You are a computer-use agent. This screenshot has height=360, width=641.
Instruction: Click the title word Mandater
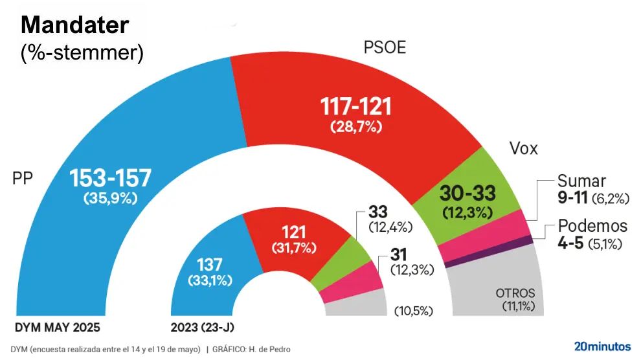click(75, 25)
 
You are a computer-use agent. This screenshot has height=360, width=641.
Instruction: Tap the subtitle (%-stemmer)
click(82, 53)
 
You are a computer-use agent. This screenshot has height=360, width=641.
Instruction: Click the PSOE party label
click(385, 48)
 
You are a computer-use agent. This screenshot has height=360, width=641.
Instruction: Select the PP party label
click(23, 178)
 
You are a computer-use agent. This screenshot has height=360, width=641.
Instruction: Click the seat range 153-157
click(110, 178)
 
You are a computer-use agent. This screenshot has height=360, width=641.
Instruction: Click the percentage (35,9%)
click(110, 199)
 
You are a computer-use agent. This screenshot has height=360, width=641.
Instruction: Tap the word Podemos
click(593, 226)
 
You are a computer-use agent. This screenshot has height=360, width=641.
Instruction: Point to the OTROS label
click(515, 293)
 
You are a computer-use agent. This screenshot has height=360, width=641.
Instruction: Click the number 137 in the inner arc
click(209, 265)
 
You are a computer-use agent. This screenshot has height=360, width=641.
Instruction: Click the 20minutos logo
click(602, 346)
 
